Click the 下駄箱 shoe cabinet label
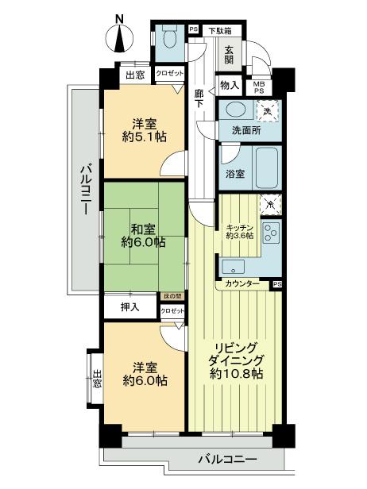click(220, 31)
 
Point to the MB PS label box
click(259, 87)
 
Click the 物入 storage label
click(229, 85)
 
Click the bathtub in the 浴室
click(258, 167)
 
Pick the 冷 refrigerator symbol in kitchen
click(271, 204)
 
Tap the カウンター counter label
click(241, 283)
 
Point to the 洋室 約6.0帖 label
click(144, 373)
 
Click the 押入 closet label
click(128, 306)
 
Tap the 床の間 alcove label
click(172, 296)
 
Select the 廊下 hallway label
click(200, 100)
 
